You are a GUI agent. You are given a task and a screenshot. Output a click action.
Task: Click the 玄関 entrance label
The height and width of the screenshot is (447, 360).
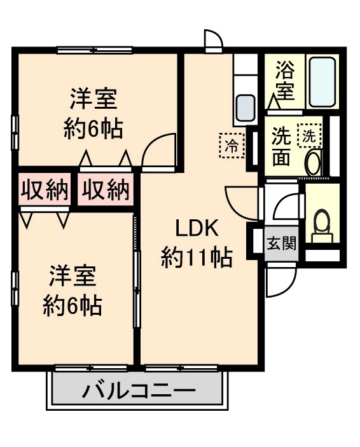[280, 243]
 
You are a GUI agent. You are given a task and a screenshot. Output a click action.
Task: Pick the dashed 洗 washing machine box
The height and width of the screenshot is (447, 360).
[310, 135]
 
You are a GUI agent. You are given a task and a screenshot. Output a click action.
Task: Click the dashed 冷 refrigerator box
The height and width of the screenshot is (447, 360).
[232, 144]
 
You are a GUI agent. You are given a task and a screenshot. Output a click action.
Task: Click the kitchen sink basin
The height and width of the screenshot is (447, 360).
[245, 109]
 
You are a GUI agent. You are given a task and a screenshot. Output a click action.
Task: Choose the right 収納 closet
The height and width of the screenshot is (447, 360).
[106, 189]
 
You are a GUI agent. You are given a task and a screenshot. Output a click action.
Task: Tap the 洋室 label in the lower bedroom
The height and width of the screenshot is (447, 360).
[73, 277]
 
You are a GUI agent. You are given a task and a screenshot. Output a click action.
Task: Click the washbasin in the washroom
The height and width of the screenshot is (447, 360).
[314, 163]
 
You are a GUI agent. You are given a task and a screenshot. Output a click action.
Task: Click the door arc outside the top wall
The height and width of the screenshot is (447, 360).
[213, 39]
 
